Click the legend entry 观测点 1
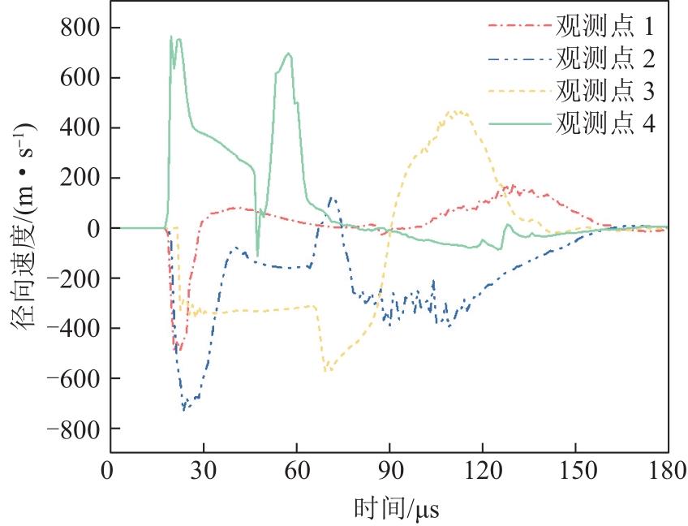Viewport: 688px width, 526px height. [x=604, y=26]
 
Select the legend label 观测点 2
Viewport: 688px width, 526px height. [x=605, y=58]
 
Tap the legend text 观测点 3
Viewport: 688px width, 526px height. [x=605, y=90]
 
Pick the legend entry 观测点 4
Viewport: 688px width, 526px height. [x=605, y=123]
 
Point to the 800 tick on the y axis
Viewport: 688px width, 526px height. [x=81, y=28]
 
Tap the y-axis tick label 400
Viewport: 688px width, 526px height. [x=81, y=127]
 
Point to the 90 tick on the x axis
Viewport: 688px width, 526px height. [x=389, y=472]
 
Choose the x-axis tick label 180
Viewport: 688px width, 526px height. [x=667, y=472]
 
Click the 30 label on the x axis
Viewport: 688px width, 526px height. [x=204, y=472]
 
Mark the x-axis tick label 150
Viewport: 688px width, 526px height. [x=575, y=472]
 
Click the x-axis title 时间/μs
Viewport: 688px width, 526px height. [x=396, y=509]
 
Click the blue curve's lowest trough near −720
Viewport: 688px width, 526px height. [x=184, y=410]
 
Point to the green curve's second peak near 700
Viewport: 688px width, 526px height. [x=288, y=53]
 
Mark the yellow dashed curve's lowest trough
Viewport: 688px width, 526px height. [x=327, y=372]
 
